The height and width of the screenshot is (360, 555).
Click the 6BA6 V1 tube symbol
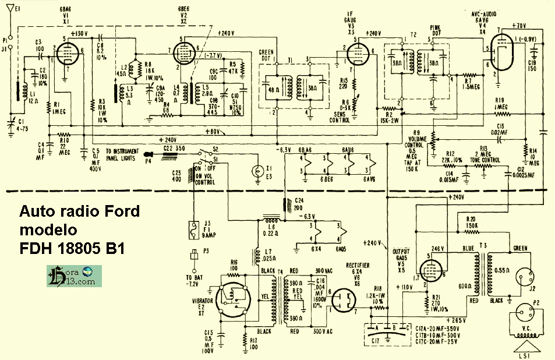(x=66, y=55)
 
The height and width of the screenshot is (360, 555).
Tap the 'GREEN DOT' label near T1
(x=266, y=56)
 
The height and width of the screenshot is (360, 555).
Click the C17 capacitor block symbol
(x=384, y=333)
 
